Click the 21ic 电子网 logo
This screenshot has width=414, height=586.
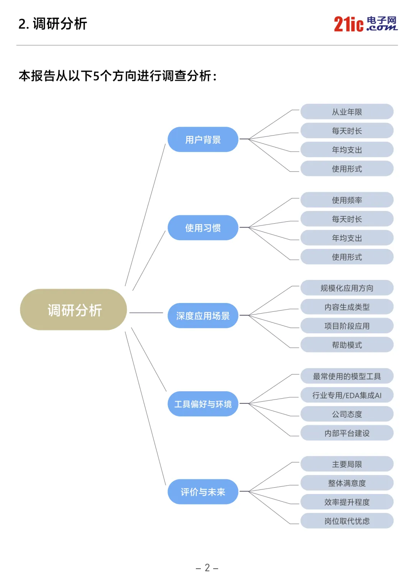click(x=365, y=24)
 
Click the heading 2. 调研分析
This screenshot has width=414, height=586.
click(x=53, y=24)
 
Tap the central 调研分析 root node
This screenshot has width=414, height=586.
click(x=74, y=310)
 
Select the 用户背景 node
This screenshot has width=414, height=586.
click(x=203, y=140)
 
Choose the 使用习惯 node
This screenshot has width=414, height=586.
click(x=203, y=228)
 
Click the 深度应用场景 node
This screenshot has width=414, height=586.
click(x=203, y=316)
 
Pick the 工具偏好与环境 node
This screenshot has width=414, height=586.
click(x=203, y=404)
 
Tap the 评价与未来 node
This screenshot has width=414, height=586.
click(x=203, y=492)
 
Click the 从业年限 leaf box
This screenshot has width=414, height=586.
click(x=347, y=112)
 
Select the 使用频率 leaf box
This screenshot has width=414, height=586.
click(x=347, y=200)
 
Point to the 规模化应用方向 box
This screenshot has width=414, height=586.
click(x=347, y=288)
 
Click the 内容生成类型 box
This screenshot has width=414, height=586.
click(x=347, y=307)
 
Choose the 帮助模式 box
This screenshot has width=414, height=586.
click(x=347, y=345)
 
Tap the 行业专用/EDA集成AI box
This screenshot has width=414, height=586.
click(x=347, y=395)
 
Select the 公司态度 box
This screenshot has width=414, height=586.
click(x=347, y=414)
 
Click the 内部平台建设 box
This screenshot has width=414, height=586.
click(x=347, y=433)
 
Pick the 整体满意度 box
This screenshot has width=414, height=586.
click(x=347, y=483)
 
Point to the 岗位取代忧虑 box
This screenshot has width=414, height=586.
click(x=347, y=521)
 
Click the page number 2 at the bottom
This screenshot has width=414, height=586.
click(x=207, y=568)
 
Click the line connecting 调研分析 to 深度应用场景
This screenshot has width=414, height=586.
click(x=146, y=313)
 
